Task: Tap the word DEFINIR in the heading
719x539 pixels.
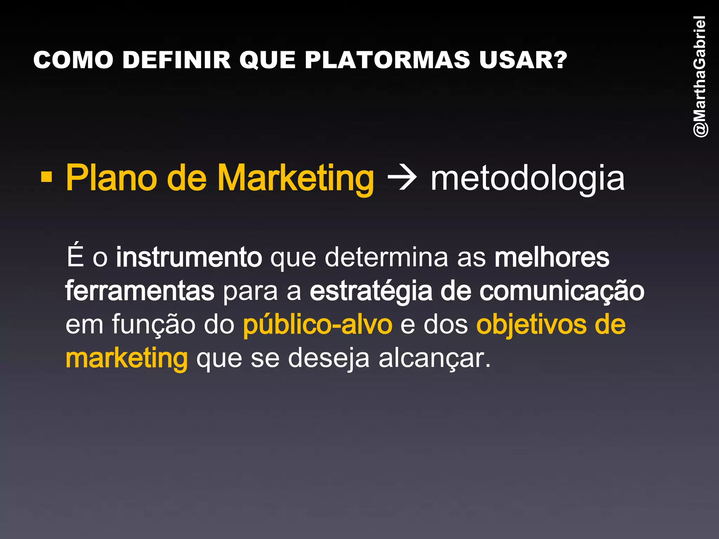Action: (x=177, y=60)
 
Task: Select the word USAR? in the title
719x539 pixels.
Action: (x=523, y=60)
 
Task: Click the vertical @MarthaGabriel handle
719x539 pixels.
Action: (x=700, y=76)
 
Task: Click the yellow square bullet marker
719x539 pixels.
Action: (x=46, y=177)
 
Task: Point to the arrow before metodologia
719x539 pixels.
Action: (x=402, y=178)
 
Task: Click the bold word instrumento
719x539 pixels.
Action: (x=189, y=257)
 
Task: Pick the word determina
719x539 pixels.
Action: (x=387, y=257)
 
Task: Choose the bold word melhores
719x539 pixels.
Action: (x=552, y=257)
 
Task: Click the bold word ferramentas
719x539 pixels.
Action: (x=140, y=291)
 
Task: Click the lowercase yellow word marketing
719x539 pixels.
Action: (x=127, y=359)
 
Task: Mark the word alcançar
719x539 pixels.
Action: (x=434, y=359)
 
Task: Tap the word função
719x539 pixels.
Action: (x=153, y=325)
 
